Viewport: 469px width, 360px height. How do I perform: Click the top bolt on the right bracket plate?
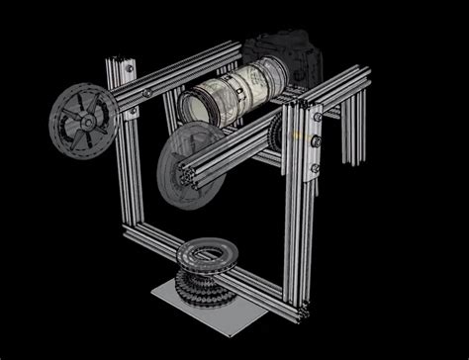pyautogui.click(x=317, y=117)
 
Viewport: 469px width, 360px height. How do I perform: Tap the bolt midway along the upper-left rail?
pyautogui.click(x=147, y=91)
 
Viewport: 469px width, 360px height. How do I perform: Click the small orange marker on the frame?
pyautogui.click(x=296, y=134)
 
